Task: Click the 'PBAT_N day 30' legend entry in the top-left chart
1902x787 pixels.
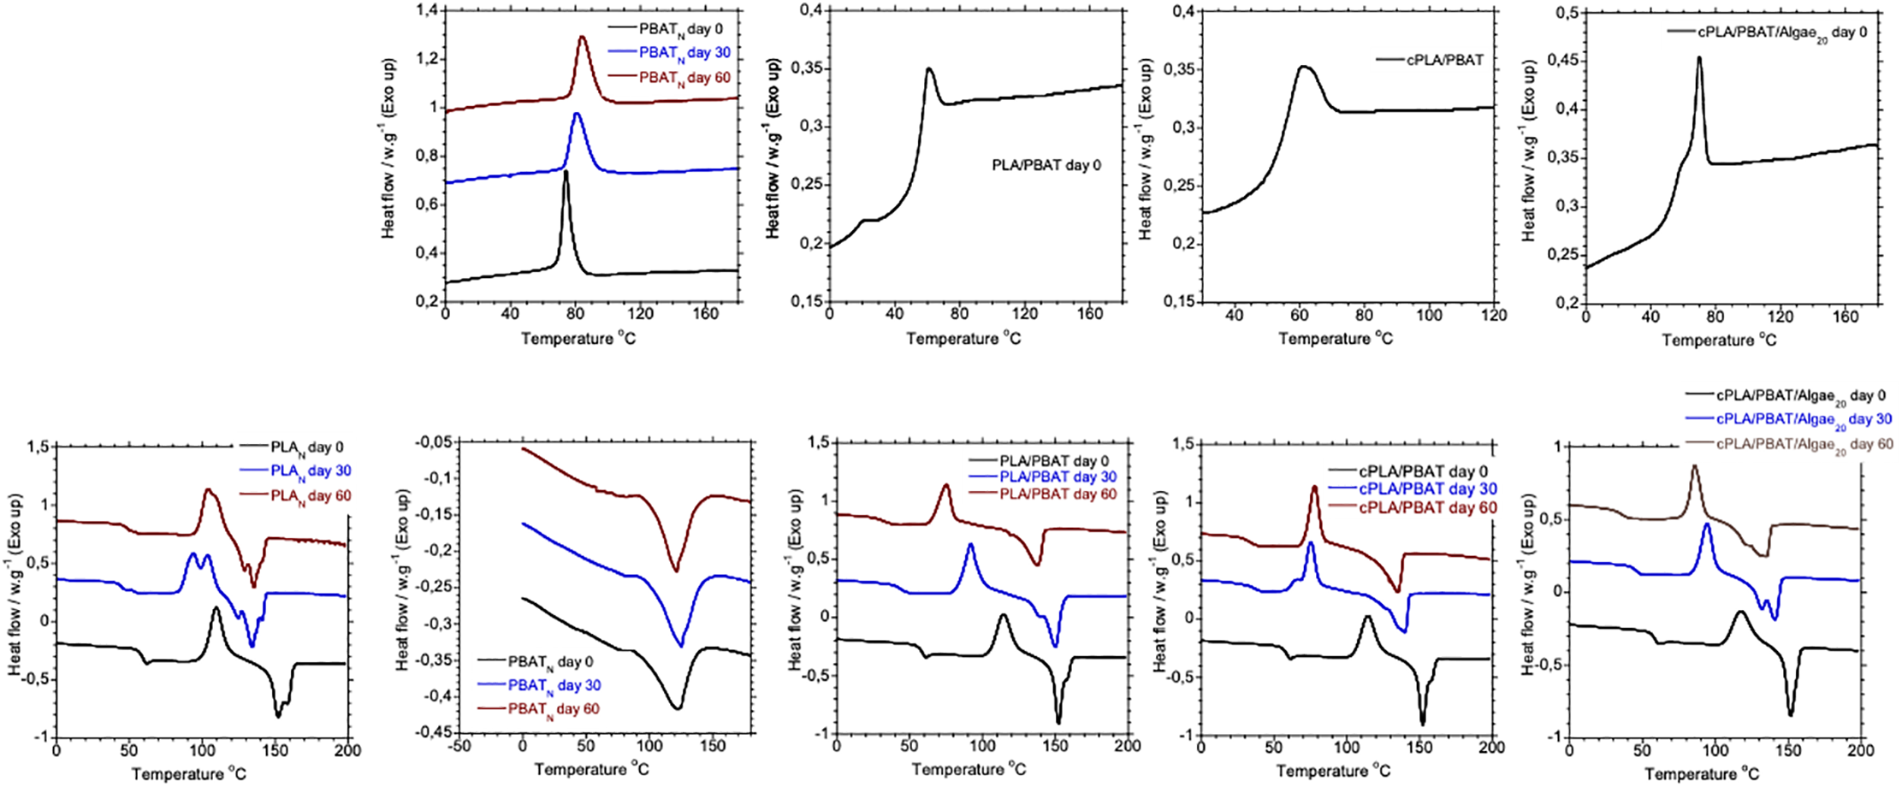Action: pyautogui.click(x=684, y=53)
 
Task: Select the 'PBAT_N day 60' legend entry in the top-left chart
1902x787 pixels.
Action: pyautogui.click(x=684, y=78)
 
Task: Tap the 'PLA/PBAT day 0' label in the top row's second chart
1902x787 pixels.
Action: pyautogui.click(x=1046, y=165)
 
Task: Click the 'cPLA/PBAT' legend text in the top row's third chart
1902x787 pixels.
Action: pyautogui.click(x=1445, y=60)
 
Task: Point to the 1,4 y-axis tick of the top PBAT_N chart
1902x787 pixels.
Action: pyautogui.click(x=426, y=10)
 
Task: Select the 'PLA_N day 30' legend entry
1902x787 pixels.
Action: pyautogui.click(x=311, y=471)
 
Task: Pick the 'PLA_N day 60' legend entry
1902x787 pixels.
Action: pyautogui.click(x=311, y=496)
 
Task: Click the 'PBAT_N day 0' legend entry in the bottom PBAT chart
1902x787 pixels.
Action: pyautogui.click(x=550, y=662)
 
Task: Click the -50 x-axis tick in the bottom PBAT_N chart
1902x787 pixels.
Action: pyautogui.click(x=459, y=746)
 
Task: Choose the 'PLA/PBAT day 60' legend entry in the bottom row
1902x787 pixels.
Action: pyautogui.click(x=1058, y=494)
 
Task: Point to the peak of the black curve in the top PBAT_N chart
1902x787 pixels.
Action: pyautogui.click(x=566, y=173)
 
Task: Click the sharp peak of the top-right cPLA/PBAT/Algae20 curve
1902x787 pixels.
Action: pyautogui.click(x=1699, y=58)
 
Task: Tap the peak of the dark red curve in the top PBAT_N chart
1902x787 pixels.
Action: pyautogui.click(x=583, y=37)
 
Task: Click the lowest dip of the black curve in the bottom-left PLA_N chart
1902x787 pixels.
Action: pyautogui.click(x=277, y=715)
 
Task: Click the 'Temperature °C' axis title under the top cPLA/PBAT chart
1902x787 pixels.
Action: pyautogui.click(x=1336, y=339)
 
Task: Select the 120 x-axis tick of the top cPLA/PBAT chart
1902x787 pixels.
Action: pyautogui.click(x=1494, y=315)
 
